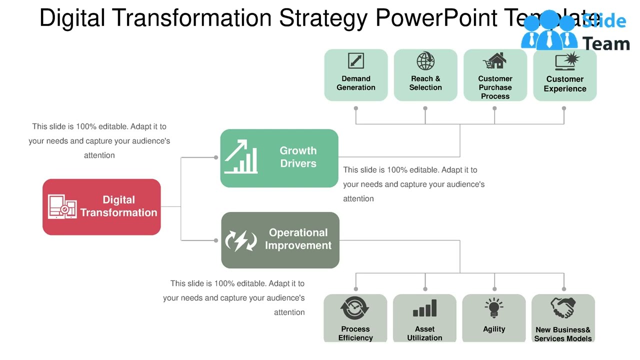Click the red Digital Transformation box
point(101,207)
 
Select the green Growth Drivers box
point(279,158)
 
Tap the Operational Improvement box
point(280,240)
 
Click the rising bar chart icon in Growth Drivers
point(241,156)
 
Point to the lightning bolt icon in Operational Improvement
point(240,240)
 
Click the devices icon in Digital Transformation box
point(62,206)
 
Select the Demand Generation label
point(356,83)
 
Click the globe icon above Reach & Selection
point(425,61)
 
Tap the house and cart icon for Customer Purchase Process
point(495,61)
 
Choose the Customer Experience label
point(565,84)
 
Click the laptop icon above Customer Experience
point(566,61)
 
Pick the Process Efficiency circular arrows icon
point(355,308)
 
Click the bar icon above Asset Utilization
point(424,308)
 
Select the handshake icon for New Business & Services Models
point(563,307)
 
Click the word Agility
point(494,329)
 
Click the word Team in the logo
point(606,44)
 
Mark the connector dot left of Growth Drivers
point(216,157)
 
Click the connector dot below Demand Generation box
point(356,108)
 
